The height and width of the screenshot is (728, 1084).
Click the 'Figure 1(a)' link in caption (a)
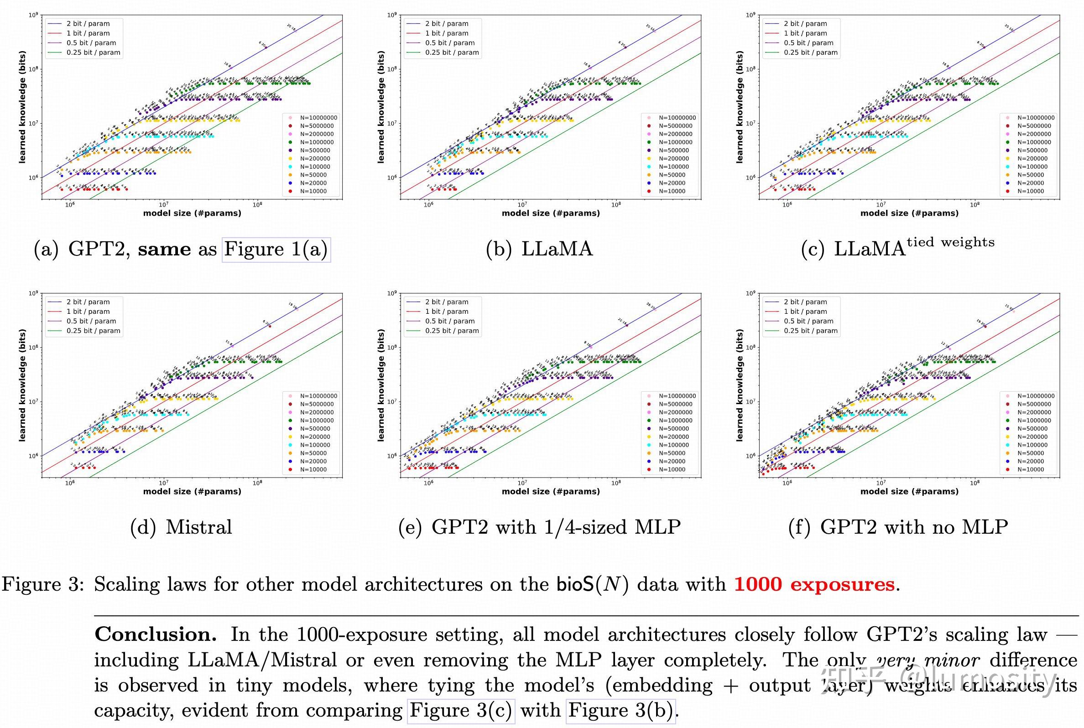[x=276, y=250]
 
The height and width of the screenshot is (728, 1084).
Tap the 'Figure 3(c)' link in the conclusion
[x=460, y=710]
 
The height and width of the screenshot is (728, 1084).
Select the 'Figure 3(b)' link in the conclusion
[x=620, y=710]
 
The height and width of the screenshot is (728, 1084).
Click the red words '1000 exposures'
[x=814, y=584]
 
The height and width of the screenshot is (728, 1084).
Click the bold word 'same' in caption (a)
[x=164, y=250]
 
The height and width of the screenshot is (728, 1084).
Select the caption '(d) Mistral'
[x=181, y=527]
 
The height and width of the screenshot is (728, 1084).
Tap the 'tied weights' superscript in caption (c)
[x=951, y=242]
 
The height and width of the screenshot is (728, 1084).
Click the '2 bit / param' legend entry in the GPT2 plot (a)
[x=88, y=24]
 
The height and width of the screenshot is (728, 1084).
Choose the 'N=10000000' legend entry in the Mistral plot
[x=318, y=396]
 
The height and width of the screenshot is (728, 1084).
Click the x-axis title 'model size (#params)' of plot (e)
[x=551, y=491]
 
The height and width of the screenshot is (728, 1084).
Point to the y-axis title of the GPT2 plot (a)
[x=22, y=107]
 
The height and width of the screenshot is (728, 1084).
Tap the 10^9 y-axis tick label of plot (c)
[x=750, y=15]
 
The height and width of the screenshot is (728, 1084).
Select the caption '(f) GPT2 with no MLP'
[x=898, y=527]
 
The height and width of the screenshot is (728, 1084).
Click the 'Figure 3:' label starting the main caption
[x=43, y=584]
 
